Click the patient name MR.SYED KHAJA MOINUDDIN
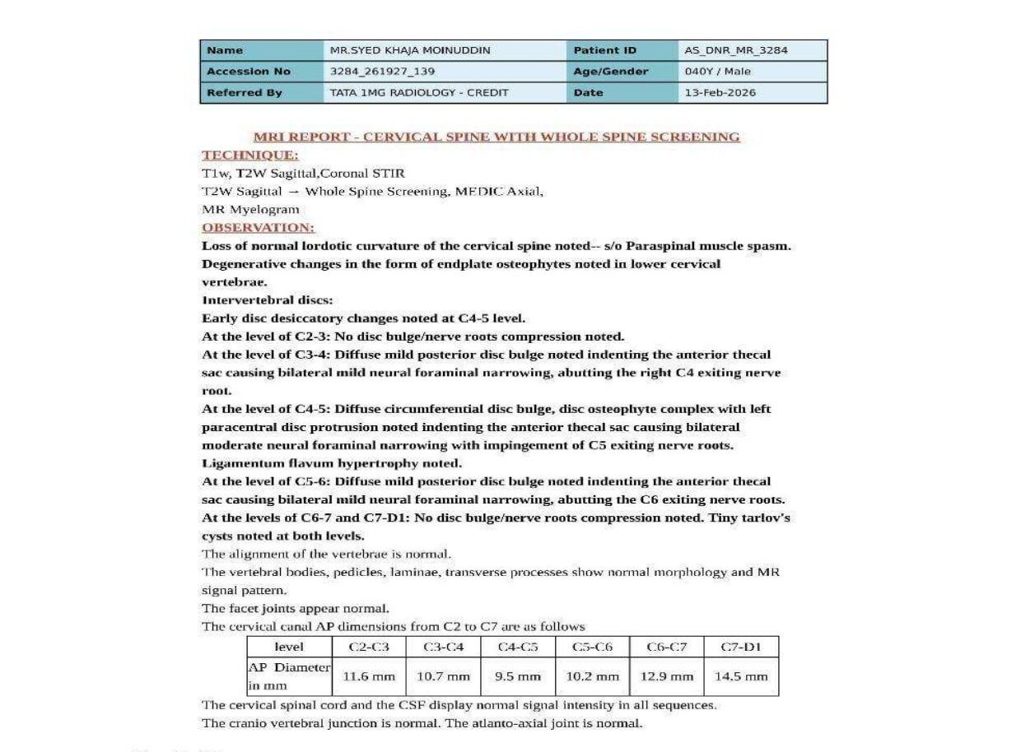409,50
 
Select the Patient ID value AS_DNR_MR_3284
735,50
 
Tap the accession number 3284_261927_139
382,72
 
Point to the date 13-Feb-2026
720,93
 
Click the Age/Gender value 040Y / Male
717,72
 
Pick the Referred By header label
244,93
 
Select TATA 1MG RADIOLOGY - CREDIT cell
418,93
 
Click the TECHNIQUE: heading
250,155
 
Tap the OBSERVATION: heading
259,227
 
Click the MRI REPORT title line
497,137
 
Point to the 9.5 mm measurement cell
517,677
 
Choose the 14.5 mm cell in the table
740,677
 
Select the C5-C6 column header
592,647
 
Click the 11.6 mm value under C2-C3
368,677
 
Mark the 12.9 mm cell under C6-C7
666,677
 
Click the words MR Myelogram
250,209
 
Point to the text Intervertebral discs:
267,299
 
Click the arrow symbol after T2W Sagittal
293,191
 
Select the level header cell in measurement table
288,647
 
